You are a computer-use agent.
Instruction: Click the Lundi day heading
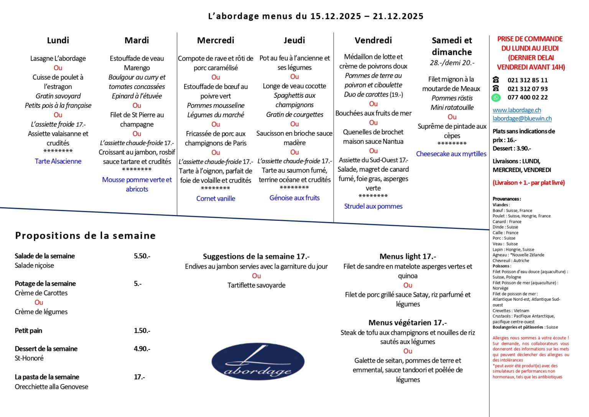coord(58,40)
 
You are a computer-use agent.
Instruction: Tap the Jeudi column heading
coord(294,40)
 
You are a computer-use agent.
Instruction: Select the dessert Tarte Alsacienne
coord(58,161)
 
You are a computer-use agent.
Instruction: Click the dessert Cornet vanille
coord(216,199)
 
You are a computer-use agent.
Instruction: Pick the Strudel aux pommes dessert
coord(373,206)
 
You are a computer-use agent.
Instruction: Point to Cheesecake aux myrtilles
coord(451,154)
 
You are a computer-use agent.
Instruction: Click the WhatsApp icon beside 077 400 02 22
coord(496,98)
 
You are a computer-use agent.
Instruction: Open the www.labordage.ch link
coord(517,110)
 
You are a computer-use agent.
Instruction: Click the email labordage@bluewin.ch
coord(522,119)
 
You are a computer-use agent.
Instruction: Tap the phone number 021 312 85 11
coord(527,80)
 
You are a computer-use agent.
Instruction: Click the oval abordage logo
coord(258,362)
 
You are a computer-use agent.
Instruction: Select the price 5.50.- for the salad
coord(142,256)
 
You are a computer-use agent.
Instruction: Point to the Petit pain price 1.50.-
coord(142,331)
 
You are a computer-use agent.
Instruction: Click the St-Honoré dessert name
coord(29,358)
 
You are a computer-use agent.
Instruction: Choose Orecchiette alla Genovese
coord(51,387)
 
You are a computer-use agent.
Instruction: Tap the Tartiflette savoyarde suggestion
coord(256,285)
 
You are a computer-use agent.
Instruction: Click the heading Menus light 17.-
coord(408,256)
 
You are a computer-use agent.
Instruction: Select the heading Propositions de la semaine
coord(85,236)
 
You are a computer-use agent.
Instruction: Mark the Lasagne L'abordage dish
coord(58,58)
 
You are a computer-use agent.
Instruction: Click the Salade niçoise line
coord(34,266)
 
